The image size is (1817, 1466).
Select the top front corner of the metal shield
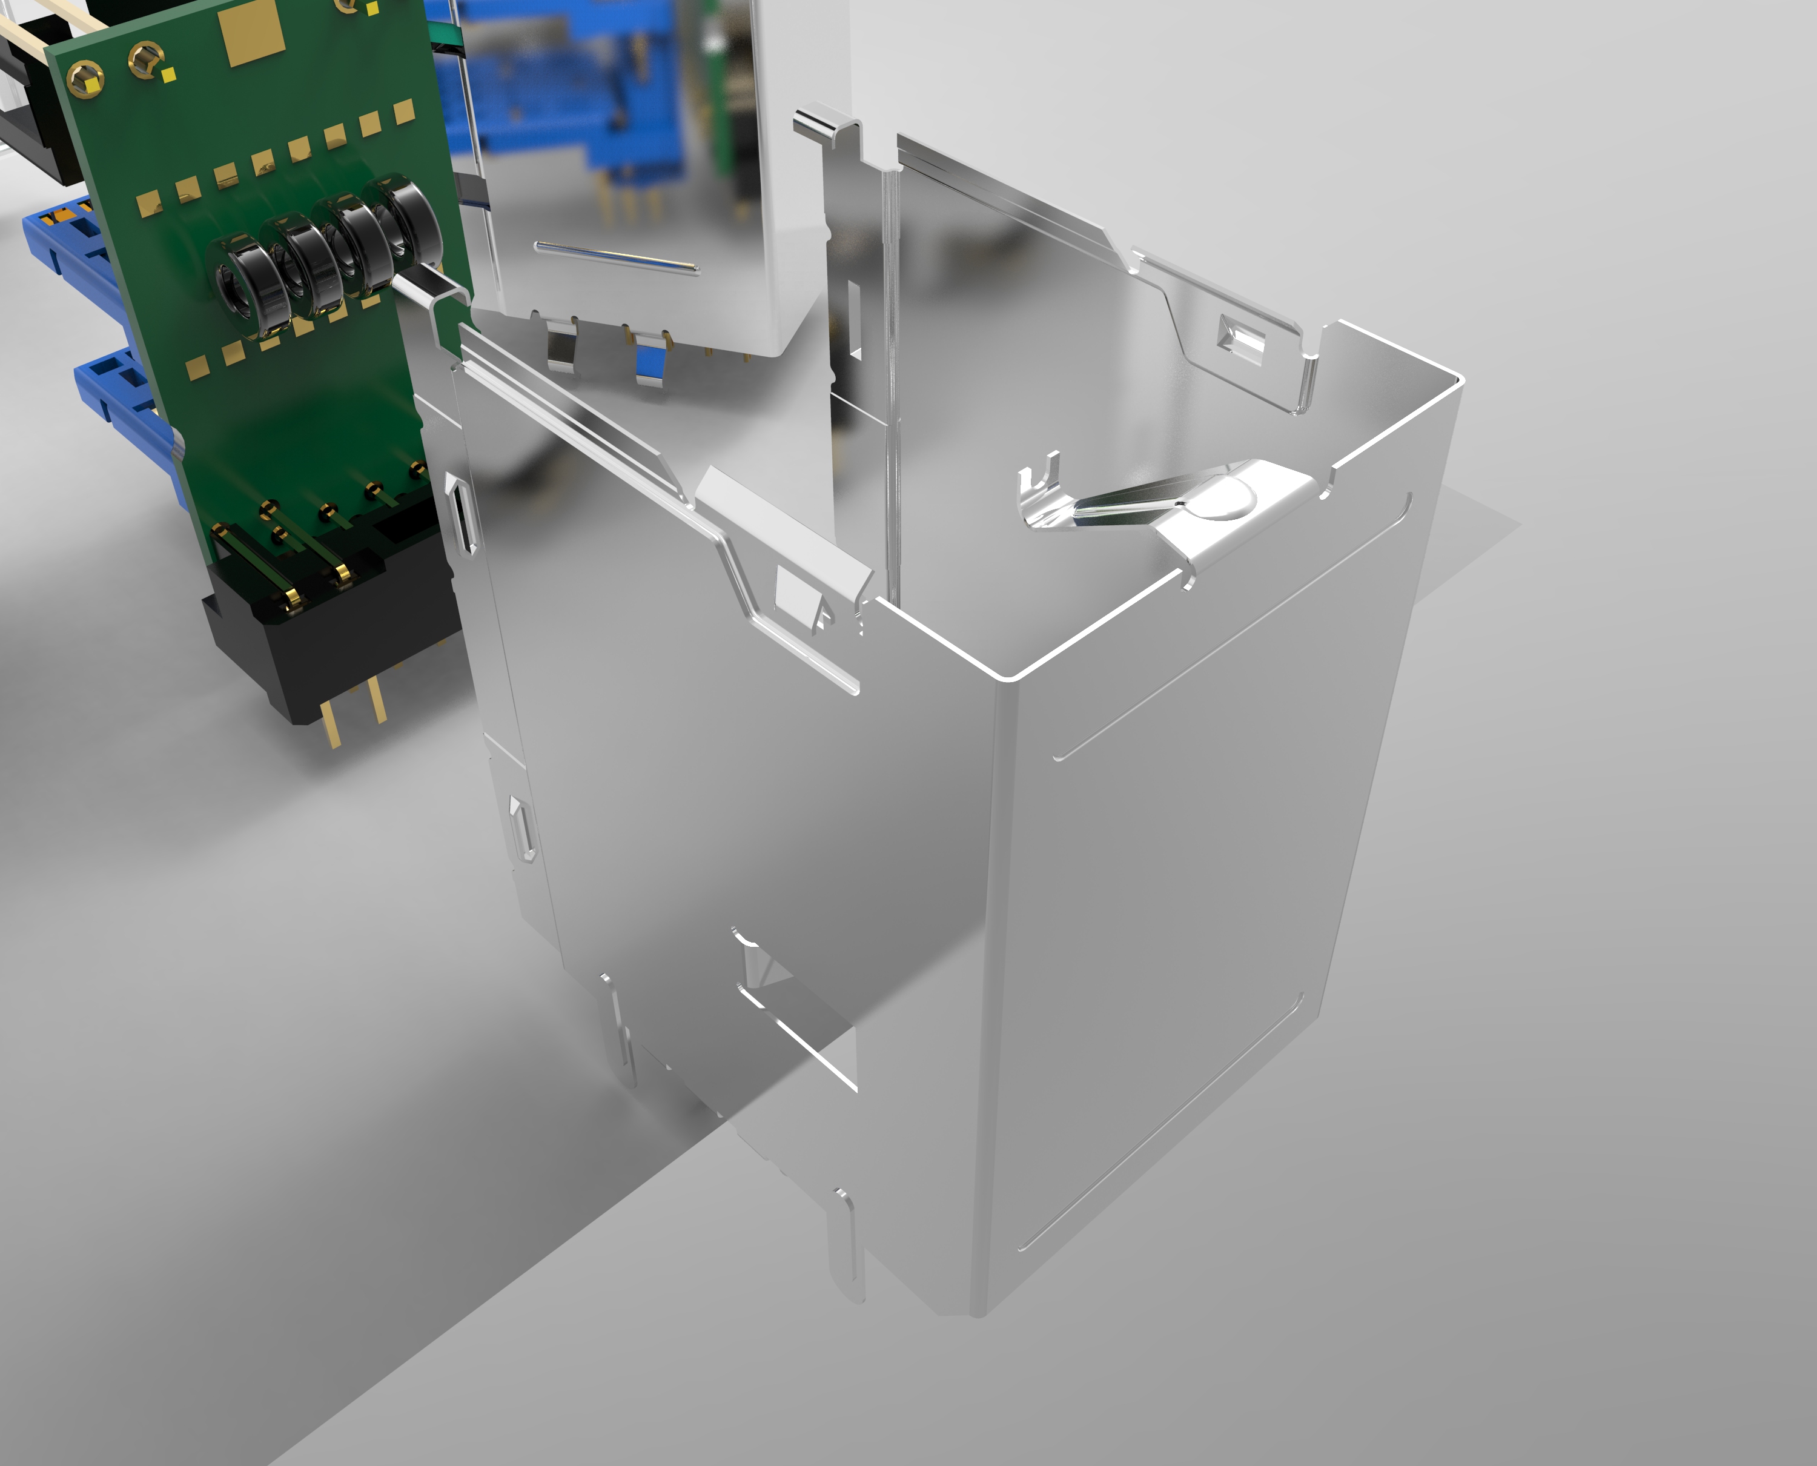click(1009, 675)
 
